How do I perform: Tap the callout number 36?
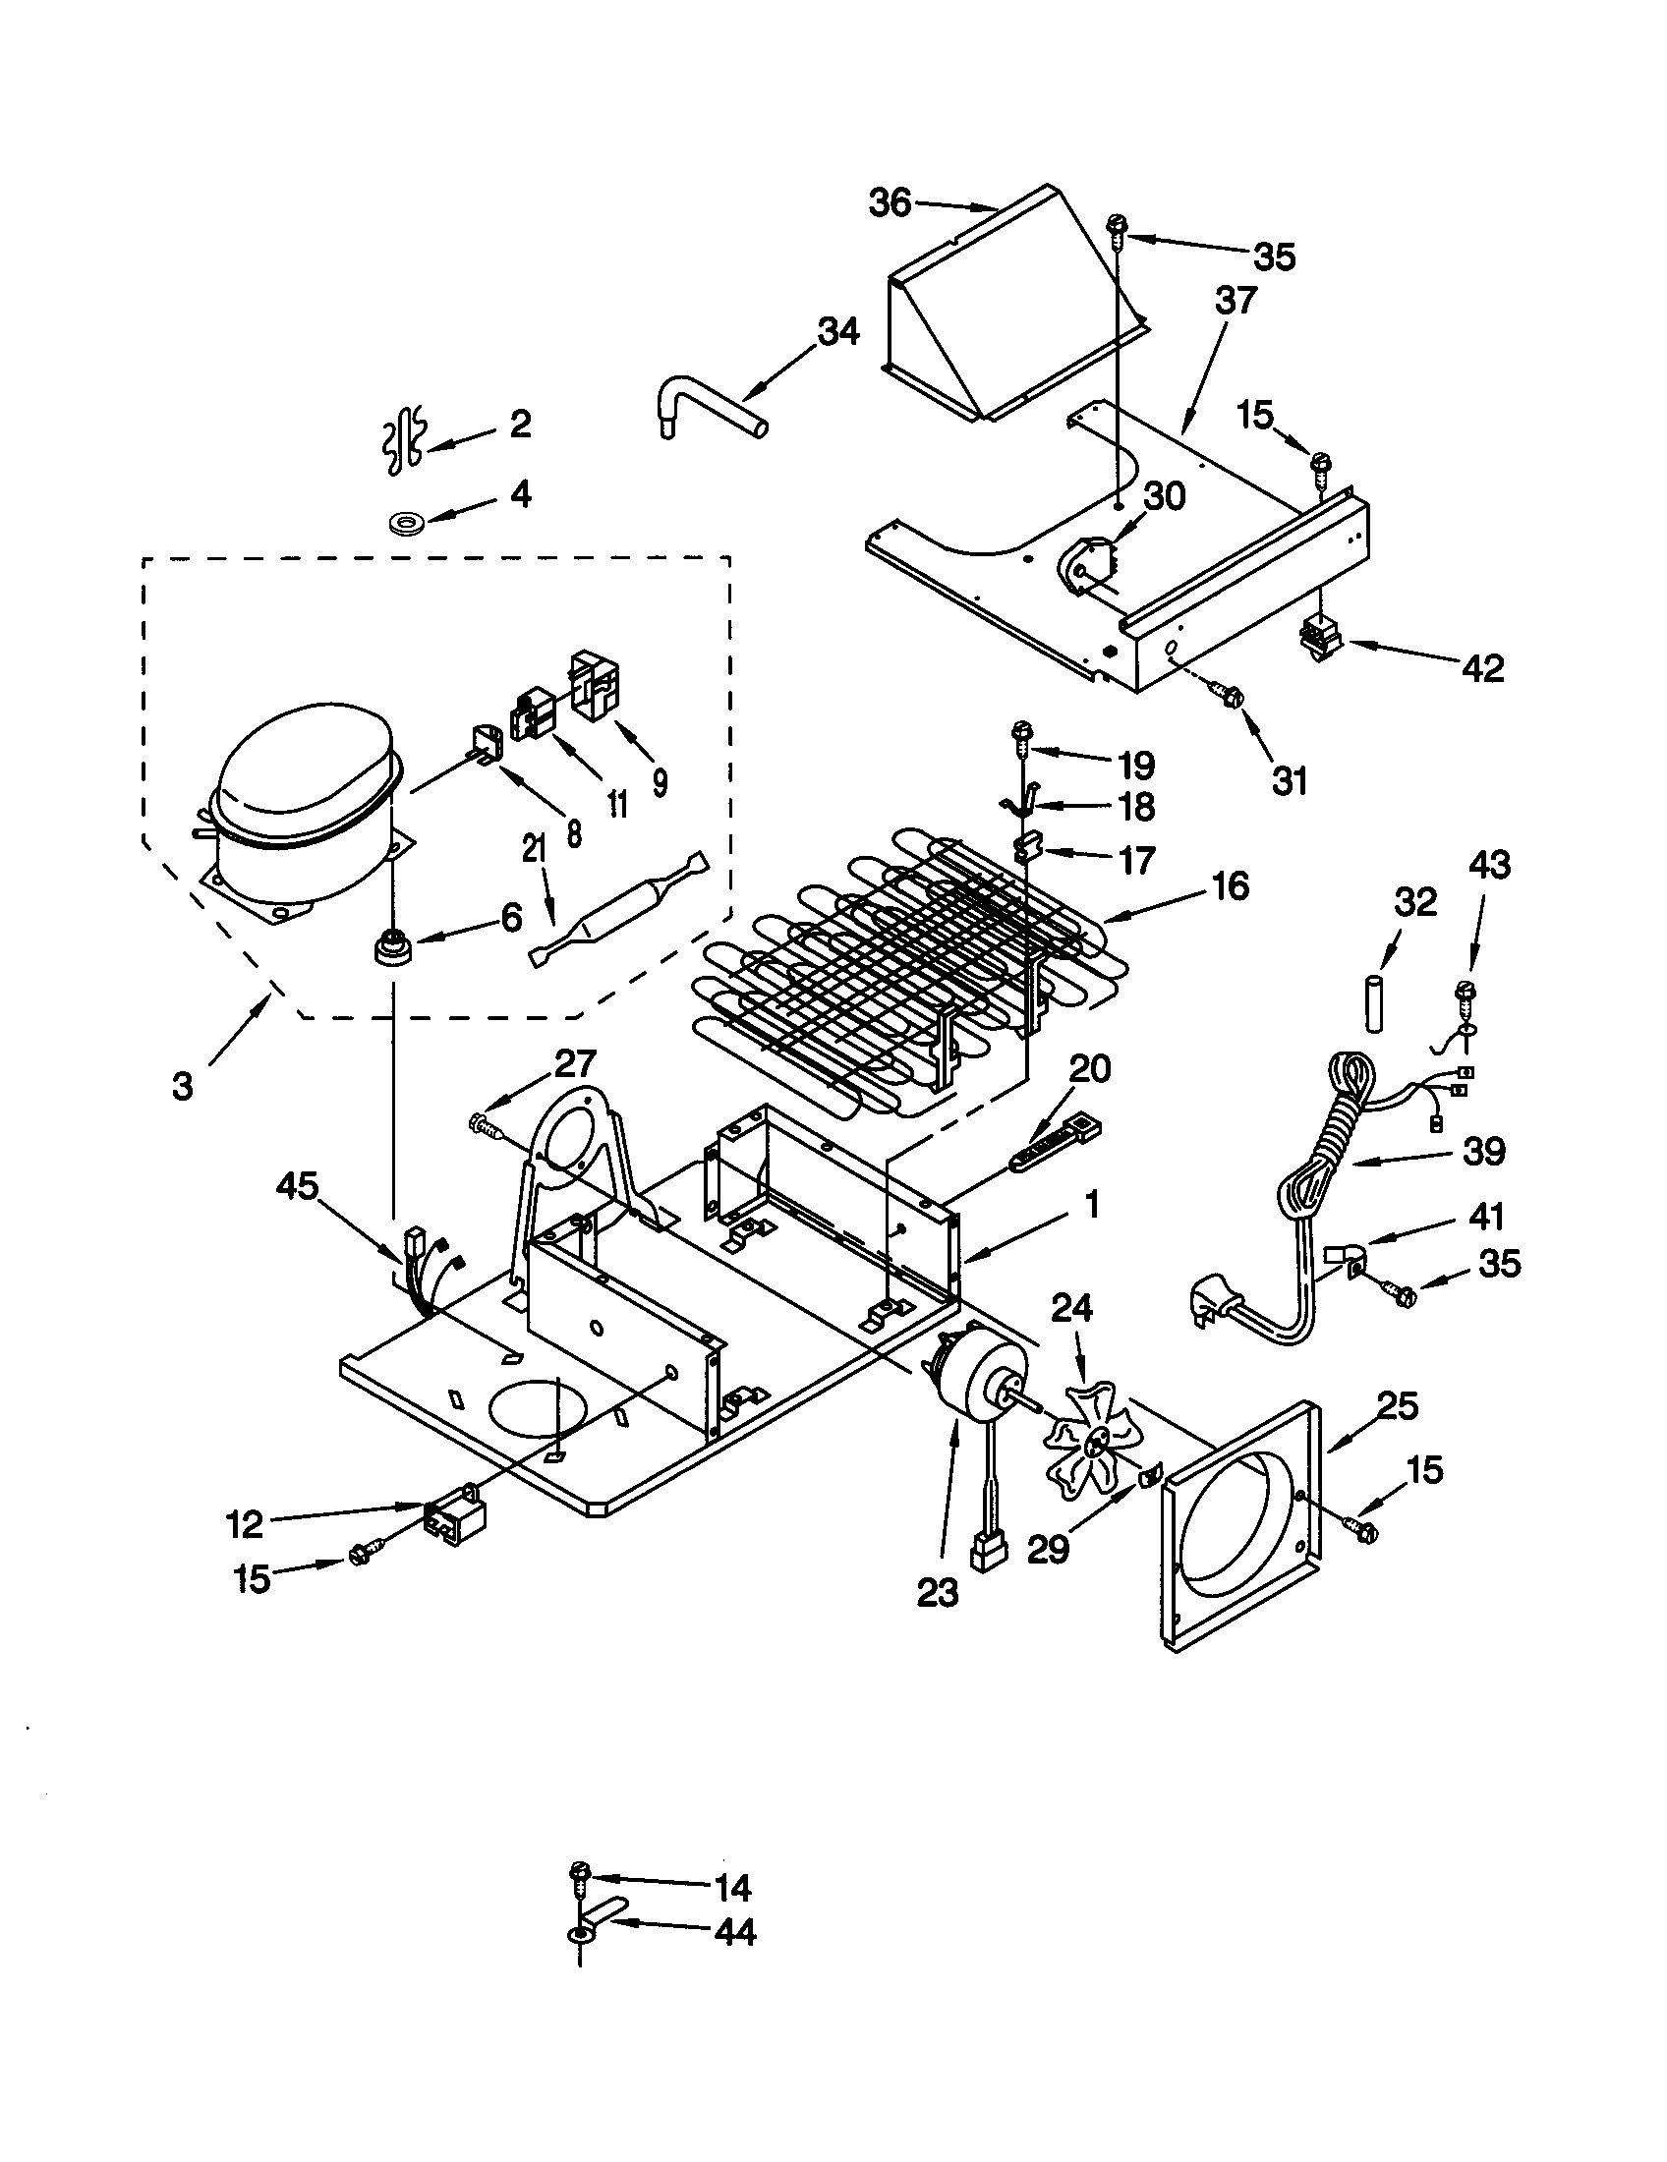coord(889,203)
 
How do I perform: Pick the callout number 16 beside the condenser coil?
coord(1230,886)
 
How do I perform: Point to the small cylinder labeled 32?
coord(1373,1002)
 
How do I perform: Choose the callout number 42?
coord(1483,668)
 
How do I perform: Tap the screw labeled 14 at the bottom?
coord(580,1872)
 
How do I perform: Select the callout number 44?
coord(734,1931)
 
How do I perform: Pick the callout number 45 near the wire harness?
coord(298,1186)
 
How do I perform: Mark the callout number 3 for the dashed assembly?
coord(183,1086)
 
